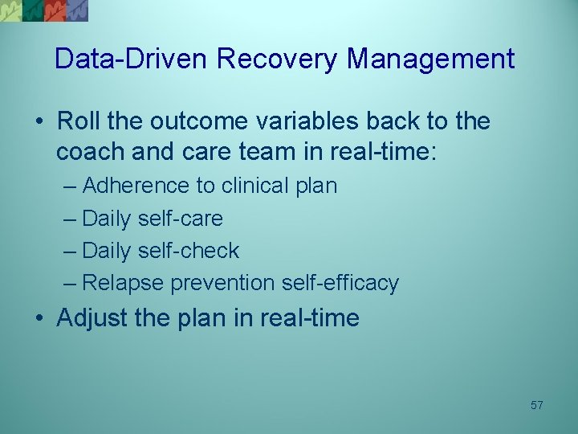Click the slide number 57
(x=536, y=406)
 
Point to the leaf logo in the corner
(x=44, y=10)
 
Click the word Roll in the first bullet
(x=78, y=121)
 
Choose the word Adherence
(x=136, y=186)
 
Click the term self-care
(x=181, y=218)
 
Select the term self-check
(x=189, y=250)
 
